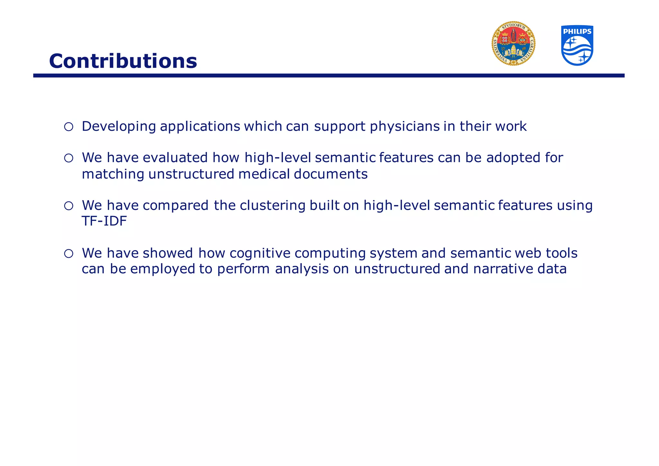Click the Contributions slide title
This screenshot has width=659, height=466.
click(123, 61)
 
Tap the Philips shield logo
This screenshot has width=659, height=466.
click(577, 46)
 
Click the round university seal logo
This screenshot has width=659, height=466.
click(513, 44)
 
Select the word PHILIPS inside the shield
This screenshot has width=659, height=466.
click(577, 32)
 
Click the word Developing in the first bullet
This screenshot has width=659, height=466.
click(119, 126)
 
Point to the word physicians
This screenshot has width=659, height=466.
click(404, 126)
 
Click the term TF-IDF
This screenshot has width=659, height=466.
click(104, 221)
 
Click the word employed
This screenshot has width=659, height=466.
click(162, 269)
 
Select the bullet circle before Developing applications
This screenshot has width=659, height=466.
click(69, 127)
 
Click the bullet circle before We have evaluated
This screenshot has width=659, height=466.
click(69, 158)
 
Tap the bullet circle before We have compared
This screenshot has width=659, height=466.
click(69, 206)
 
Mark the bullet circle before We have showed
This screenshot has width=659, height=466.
click(69, 254)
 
